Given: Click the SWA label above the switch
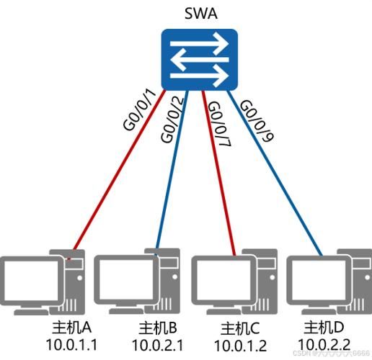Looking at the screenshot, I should (x=199, y=15).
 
